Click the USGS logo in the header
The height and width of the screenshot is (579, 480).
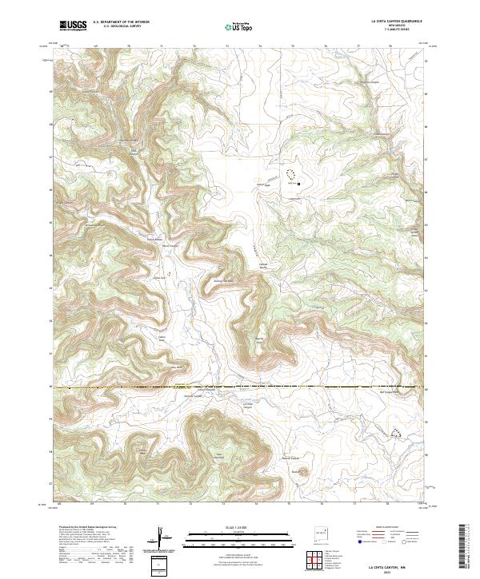click(73, 26)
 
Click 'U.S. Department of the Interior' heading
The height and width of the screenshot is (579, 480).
click(121, 23)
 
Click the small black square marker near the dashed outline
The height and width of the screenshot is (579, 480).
click(299, 183)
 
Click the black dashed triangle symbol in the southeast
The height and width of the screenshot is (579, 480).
click(395, 433)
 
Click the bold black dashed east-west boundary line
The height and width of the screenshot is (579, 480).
click(240, 388)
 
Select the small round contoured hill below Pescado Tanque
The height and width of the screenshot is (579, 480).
click(298, 472)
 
